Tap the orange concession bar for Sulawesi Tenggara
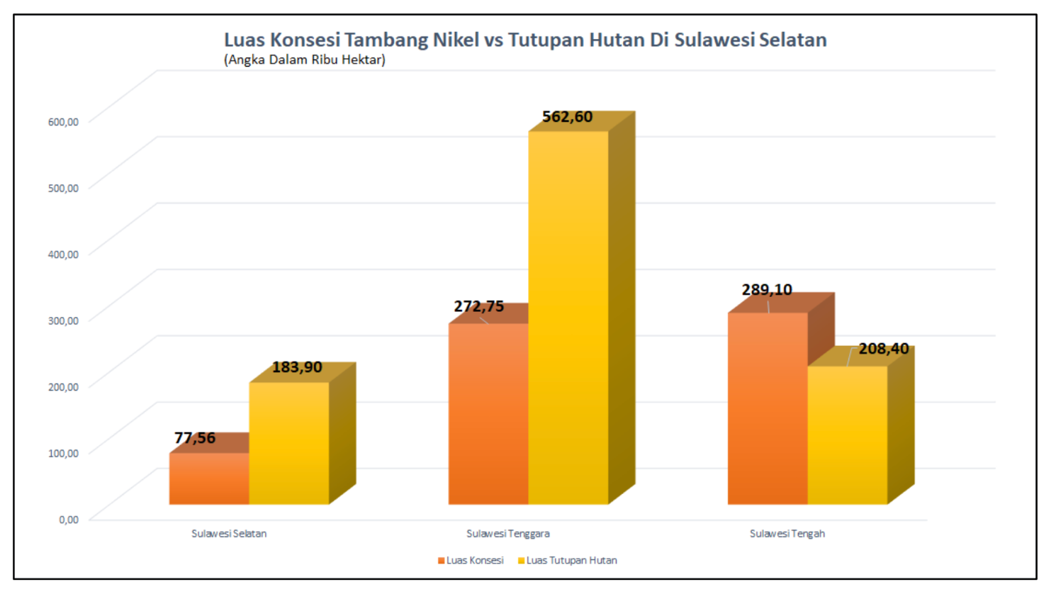pos(488,415)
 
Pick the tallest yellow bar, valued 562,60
pos(568,319)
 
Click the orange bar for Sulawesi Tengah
pos(768,409)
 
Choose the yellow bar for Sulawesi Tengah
pos(847,435)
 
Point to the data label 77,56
pos(195,438)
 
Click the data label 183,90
pos(297,367)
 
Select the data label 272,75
pos(479,306)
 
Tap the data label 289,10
pos(767,290)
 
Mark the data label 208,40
pos(883,349)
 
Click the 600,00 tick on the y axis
pos(63,122)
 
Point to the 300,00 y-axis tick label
pos(63,320)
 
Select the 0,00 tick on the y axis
pos(69,520)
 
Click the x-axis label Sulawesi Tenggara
pos(507,534)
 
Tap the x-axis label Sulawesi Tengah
pos(787,534)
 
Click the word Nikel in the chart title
pos(456,40)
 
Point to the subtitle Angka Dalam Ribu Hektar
pos(305,60)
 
